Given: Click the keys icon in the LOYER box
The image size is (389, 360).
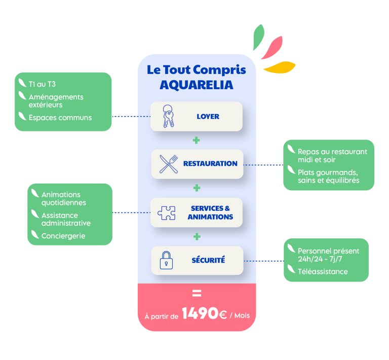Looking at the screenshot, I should click(168, 116).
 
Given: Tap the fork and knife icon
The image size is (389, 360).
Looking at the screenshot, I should click(168, 164).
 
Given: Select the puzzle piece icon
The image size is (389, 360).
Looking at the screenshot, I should click(166, 212).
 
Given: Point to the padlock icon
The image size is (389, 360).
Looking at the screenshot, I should click(166, 260).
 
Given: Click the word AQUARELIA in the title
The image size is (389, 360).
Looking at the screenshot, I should click(197, 85).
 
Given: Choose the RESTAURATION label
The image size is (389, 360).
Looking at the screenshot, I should click(210, 164).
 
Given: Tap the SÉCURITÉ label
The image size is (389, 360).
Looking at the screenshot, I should click(208, 260).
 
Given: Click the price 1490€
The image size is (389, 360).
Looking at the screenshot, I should click(204, 314).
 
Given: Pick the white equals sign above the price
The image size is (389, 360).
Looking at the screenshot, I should click(197, 294).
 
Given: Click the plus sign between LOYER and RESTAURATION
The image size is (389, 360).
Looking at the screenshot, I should click(197, 140).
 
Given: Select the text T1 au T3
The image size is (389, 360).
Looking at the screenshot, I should click(42, 84).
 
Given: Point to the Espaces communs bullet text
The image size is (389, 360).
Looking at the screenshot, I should click(60, 118).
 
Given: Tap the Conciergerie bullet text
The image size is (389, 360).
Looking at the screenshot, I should click(63, 236).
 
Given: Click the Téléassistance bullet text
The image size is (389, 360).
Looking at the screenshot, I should click(323, 272).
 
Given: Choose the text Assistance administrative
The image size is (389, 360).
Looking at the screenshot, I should click(66, 219).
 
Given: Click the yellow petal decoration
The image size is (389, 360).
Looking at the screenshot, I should click(280, 67).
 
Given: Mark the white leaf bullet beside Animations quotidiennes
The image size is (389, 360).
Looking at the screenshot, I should click(34, 194).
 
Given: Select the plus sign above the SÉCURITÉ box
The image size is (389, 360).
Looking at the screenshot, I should click(197, 236).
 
